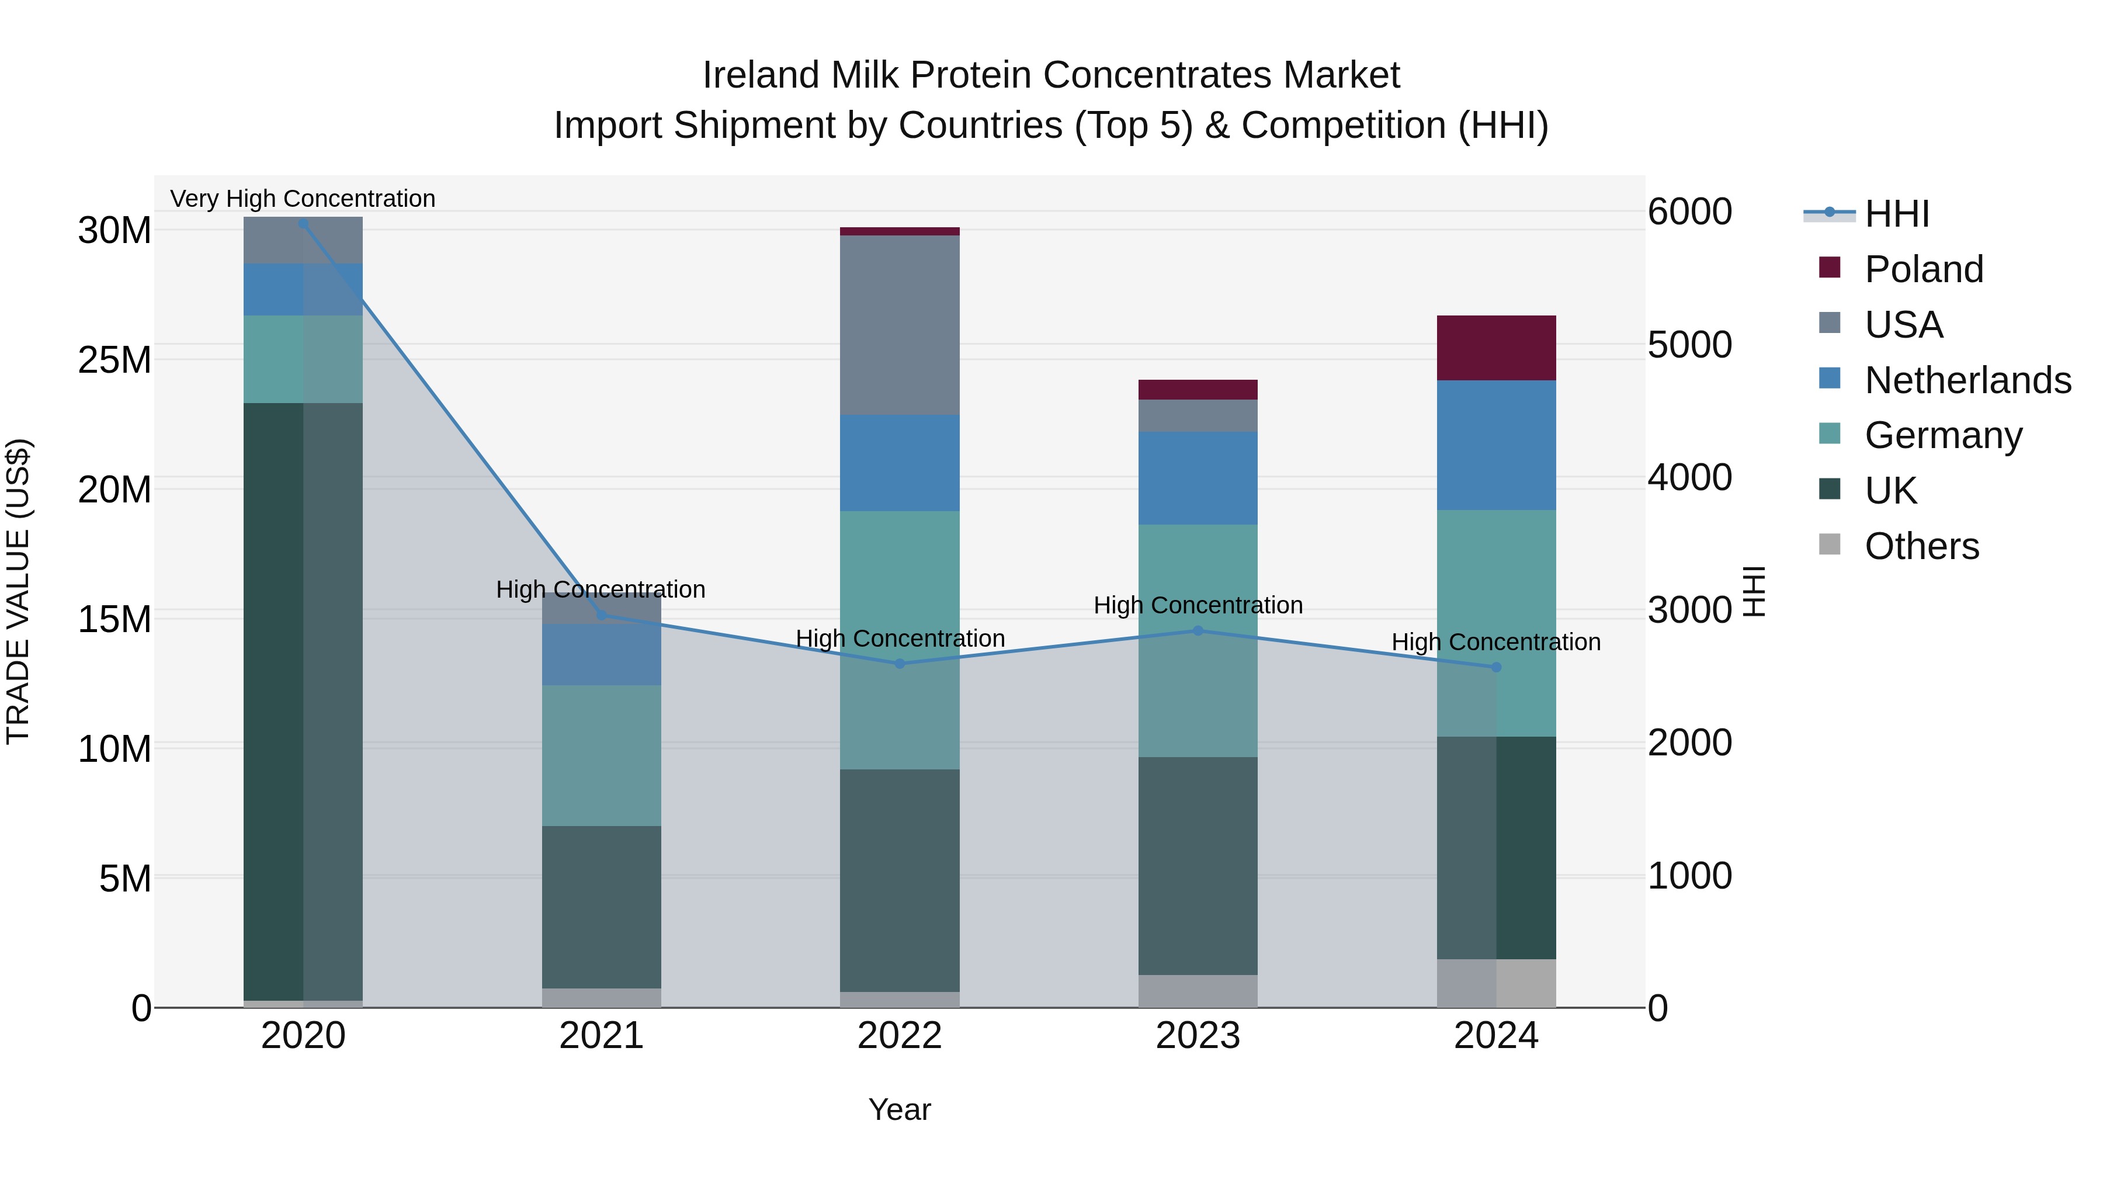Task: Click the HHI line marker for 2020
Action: (304, 224)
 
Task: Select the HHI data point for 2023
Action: (1198, 630)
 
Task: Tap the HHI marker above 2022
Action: (900, 664)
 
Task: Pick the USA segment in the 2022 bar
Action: (900, 325)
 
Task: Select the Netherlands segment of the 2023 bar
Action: (1198, 478)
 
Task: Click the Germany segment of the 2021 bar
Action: (602, 755)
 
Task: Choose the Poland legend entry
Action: (1924, 269)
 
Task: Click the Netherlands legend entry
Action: (1967, 380)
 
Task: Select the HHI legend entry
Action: (1896, 214)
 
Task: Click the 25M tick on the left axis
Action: (114, 360)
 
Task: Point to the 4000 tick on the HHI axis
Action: (1689, 478)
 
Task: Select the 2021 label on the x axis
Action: (602, 1036)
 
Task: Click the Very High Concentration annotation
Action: (303, 199)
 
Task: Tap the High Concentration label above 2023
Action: (1198, 605)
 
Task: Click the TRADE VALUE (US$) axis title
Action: (18, 591)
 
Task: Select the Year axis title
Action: (900, 1109)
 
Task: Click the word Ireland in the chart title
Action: (760, 75)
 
